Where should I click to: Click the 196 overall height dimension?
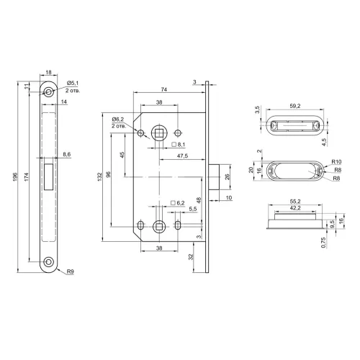pos(15,176)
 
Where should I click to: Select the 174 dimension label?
pos(27,176)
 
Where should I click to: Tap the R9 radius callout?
pos(71,271)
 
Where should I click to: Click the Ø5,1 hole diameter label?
pos(73,83)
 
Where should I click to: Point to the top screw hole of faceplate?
pos(48,92)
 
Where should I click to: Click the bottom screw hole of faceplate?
pos(48,261)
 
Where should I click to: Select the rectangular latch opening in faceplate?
pos(49,176)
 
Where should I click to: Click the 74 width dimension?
pos(164,89)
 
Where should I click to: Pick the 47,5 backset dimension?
pos(182,156)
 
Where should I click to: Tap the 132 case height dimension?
pos(100,176)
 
